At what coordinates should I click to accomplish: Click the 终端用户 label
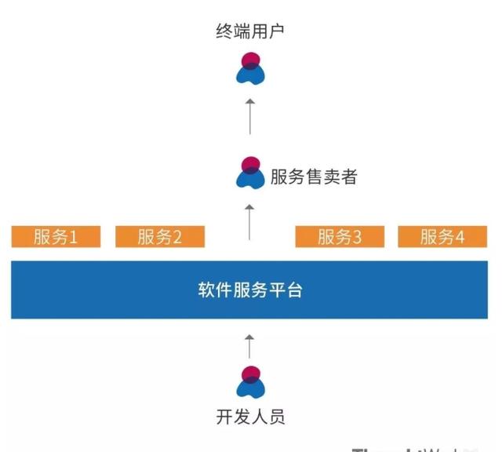(x=250, y=32)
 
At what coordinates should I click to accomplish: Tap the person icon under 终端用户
(x=250, y=68)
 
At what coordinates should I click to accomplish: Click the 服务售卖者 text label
(x=313, y=177)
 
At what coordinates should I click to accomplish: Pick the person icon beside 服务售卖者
(x=250, y=173)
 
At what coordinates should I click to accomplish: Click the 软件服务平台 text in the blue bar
(x=250, y=290)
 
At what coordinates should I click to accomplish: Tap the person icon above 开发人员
(x=250, y=382)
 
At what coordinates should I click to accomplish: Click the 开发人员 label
(x=250, y=416)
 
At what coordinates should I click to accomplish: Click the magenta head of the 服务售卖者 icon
(x=251, y=164)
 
